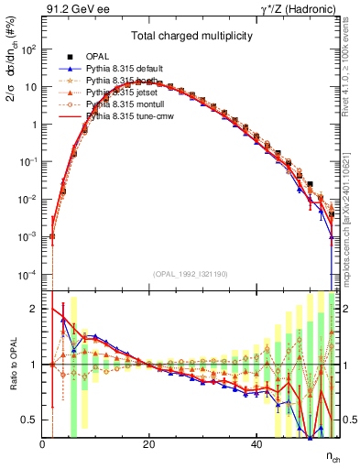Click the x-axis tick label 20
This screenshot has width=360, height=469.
149,445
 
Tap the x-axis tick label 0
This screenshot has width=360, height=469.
43,445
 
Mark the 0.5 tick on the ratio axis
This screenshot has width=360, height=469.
31,420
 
